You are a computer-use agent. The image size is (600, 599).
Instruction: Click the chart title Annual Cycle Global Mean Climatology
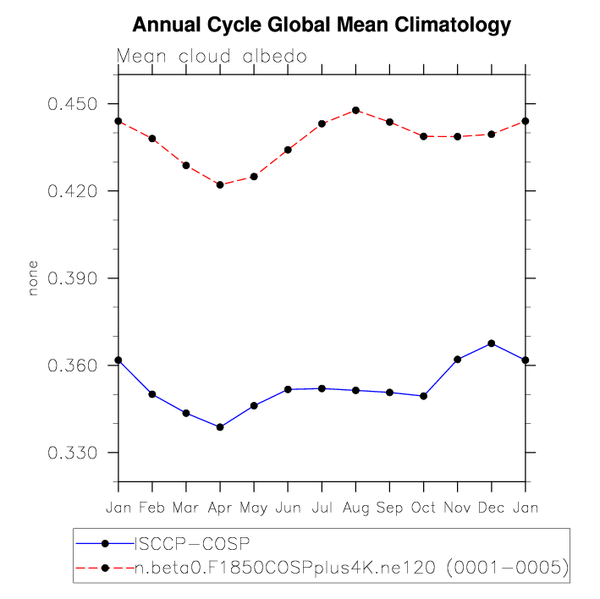pos(322,25)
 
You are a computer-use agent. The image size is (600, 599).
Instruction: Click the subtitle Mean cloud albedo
pos(211,57)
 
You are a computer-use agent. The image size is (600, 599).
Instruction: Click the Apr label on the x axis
pos(220,507)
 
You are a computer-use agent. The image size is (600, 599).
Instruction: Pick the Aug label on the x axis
pos(355,507)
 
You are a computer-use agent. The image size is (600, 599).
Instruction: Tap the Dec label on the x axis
pos(492,507)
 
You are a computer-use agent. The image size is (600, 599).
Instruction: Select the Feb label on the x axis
pos(152,507)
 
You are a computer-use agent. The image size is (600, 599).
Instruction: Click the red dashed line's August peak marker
pos(355,110)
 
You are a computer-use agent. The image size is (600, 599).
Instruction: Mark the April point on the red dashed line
pos(220,184)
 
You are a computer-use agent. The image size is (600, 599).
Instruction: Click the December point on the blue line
pos(492,343)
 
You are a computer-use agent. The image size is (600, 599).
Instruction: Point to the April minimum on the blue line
pos(220,427)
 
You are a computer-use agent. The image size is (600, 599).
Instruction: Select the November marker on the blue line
pos(458,359)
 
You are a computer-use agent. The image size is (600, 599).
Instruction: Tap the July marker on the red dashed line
pos(322,124)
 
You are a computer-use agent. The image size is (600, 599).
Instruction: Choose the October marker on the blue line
pos(423,396)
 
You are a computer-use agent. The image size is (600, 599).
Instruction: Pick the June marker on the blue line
pos(288,389)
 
